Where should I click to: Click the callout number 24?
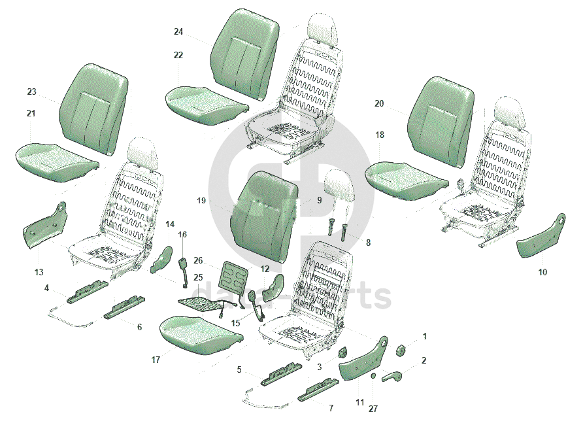[178, 31]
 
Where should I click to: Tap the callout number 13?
[39, 272]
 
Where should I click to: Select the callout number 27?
[373, 409]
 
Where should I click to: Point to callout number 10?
[542, 272]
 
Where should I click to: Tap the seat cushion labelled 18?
[405, 179]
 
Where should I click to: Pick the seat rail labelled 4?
[88, 290]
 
